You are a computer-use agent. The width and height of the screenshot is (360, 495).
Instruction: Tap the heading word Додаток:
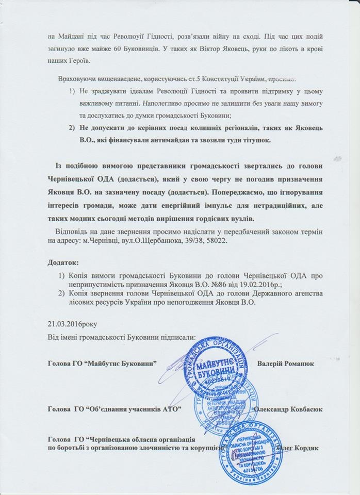point(63,262)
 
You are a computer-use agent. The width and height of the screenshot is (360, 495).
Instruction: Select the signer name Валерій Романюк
point(286,363)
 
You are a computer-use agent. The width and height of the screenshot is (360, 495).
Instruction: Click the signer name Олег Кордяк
point(299,447)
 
